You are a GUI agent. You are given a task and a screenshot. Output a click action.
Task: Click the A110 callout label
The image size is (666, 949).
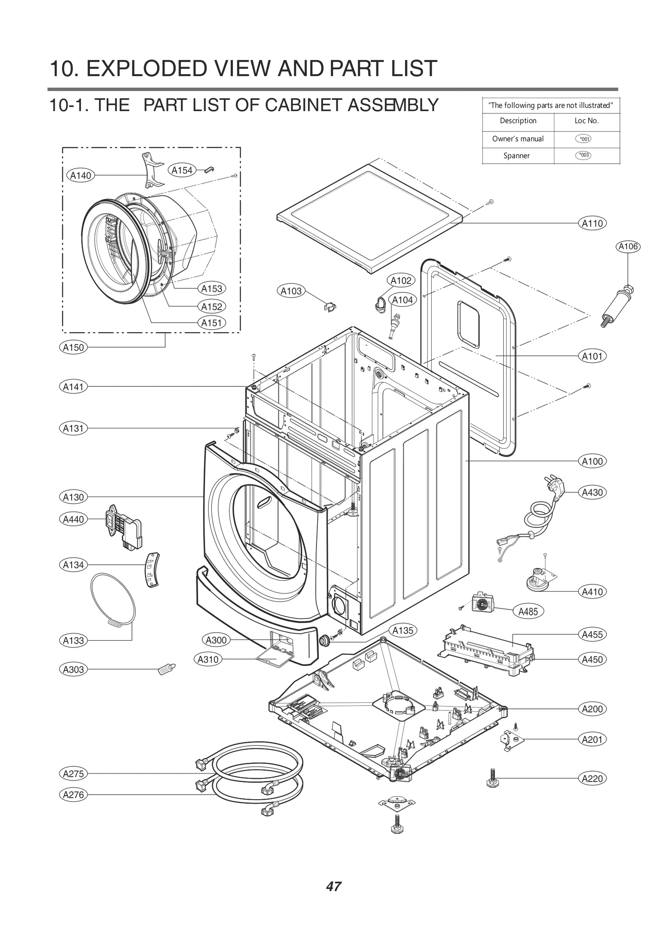tap(592, 224)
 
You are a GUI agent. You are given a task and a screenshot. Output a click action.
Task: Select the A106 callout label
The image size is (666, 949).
tap(628, 246)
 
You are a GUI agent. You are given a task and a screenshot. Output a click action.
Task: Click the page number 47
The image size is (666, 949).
tap(333, 887)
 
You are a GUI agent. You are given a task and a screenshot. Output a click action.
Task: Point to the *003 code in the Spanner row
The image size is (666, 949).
tap(584, 155)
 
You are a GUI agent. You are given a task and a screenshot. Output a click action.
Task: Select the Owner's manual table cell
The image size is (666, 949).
tap(518, 139)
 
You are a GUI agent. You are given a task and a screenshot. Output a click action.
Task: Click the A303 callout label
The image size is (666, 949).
tap(73, 670)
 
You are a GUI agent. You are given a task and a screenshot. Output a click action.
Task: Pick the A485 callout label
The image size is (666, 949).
tap(528, 611)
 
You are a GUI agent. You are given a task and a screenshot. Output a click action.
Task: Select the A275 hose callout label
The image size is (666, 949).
tap(73, 774)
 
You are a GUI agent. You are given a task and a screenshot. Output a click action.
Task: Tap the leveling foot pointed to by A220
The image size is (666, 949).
tap(492, 778)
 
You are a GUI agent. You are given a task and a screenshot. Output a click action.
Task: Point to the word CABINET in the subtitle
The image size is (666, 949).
tap(304, 105)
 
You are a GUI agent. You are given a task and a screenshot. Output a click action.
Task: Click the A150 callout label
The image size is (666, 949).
tap(73, 347)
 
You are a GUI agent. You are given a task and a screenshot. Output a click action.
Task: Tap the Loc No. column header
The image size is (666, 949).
tap(586, 121)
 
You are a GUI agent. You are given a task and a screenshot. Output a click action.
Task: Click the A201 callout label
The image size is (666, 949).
tap(592, 740)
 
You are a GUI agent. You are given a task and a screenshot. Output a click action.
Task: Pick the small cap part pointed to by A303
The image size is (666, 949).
tap(167, 669)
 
